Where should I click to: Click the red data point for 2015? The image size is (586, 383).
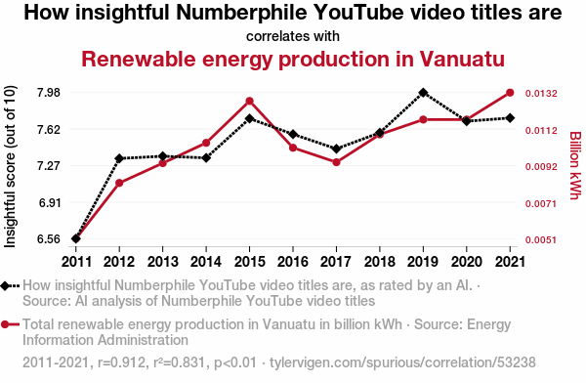(x=250, y=101)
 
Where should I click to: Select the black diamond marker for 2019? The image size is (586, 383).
(x=423, y=93)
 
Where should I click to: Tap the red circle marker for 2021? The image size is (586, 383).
(x=510, y=93)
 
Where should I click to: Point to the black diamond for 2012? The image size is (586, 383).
(x=119, y=158)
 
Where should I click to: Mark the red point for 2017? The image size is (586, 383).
(x=336, y=162)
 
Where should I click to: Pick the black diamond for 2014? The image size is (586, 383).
(x=206, y=158)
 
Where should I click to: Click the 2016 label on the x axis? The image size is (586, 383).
(x=293, y=262)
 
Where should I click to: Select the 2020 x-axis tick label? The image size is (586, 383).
(x=467, y=262)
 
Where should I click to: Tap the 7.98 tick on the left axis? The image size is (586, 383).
(x=49, y=93)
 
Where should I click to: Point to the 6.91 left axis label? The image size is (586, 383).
(x=50, y=202)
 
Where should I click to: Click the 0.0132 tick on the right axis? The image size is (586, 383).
(x=541, y=93)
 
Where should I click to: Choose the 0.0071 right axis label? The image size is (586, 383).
(x=541, y=204)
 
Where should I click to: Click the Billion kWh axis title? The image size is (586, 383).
(x=575, y=166)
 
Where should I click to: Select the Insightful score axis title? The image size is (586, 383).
(x=10, y=166)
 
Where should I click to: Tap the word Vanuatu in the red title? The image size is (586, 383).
(x=462, y=59)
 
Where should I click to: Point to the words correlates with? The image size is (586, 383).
(x=293, y=36)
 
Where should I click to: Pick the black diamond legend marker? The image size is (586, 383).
(x=5, y=286)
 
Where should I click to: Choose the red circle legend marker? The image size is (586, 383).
(x=5, y=324)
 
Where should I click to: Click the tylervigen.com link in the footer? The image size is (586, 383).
(x=402, y=362)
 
